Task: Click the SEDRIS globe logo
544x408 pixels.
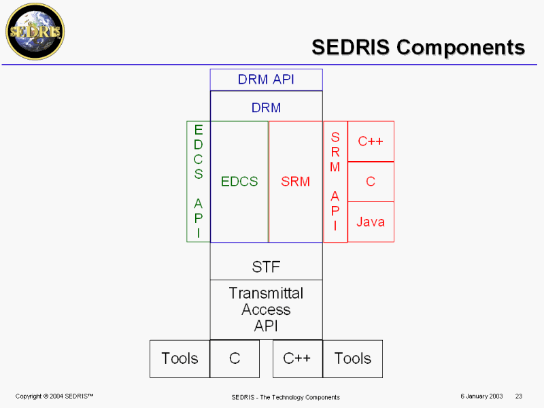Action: point(34,31)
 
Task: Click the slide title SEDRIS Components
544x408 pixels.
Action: point(418,47)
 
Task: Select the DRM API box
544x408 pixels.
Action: point(266,80)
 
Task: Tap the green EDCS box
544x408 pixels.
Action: point(239,182)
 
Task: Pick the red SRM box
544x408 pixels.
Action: point(295,182)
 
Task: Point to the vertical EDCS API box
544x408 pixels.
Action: point(199,182)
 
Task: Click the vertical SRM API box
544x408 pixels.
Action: point(335,182)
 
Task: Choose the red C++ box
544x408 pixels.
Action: point(371,141)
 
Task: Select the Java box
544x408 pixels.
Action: point(371,222)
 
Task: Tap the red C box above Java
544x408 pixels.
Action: point(371,182)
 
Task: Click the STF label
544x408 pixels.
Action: point(266,267)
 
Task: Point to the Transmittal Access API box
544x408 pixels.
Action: point(266,309)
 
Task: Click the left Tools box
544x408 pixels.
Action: point(180,358)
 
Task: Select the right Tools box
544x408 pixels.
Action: point(352,358)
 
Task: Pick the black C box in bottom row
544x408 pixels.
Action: point(235,358)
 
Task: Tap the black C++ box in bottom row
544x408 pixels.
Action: point(297,358)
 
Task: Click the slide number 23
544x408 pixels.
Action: point(519,396)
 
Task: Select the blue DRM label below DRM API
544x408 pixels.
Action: point(266,107)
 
